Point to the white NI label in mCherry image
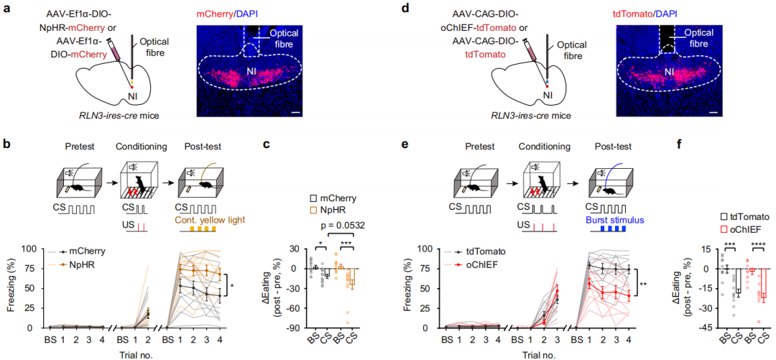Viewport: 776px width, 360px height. click(252, 72)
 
